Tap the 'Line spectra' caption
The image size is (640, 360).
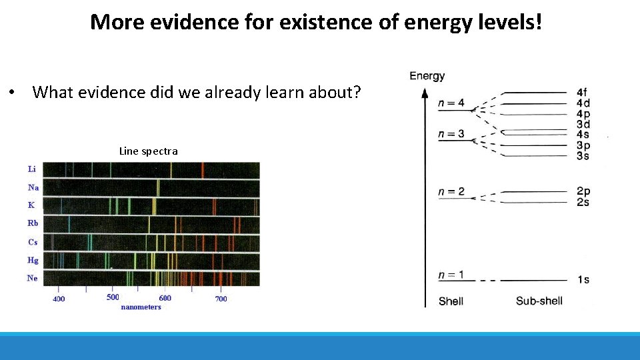[x=148, y=151]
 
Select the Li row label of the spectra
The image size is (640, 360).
[x=32, y=169]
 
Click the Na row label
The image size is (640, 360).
[x=33, y=187]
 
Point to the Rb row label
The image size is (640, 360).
[x=33, y=223]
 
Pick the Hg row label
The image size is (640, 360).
[x=33, y=260]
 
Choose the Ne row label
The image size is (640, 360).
[x=32, y=278]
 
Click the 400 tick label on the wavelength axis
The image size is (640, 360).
[x=59, y=299]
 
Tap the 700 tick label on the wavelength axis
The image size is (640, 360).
[x=221, y=299]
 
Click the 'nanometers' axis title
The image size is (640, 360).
[x=141, y=307]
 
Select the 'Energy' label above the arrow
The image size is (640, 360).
[x=427, y=76]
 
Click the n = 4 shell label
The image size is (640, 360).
[x=451, y=103]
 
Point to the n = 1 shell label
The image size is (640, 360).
[x=451, y=275]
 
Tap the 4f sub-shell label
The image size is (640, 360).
[x=583, y=93]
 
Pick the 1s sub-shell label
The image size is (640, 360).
[x=583, y=279]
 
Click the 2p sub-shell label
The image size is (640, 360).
[x=583, y=191]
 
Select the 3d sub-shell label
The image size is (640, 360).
[x=583, y=125]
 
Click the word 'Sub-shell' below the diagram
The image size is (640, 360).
[x=539, y=301]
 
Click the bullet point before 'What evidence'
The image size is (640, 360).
[x=13, y=92]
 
